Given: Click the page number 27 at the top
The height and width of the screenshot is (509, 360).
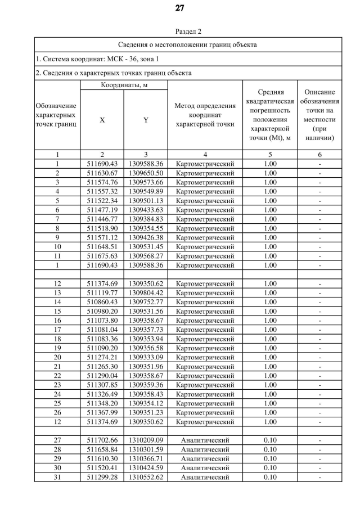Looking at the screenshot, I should click(180, 8).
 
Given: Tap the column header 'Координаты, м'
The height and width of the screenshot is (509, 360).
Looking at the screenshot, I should click(124, 85).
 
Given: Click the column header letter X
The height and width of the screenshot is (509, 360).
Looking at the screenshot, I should click(102, 120).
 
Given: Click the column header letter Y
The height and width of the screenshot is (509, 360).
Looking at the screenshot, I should click(146, 120).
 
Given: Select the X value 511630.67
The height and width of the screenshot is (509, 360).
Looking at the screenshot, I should click(102, 173).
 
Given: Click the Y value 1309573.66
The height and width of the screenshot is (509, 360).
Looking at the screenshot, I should click(146, 182).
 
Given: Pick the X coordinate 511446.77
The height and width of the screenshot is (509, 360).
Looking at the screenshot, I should click(102, 219).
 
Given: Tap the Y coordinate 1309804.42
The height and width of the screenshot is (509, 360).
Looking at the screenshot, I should click(146, 292).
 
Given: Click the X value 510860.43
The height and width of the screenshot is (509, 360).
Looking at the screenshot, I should click(102, 302).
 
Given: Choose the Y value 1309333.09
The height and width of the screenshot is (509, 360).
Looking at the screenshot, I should click(146, 357).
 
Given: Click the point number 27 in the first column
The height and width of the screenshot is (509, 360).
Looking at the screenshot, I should click(57, 440).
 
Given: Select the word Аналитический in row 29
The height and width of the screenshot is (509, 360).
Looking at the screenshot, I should click(205, 458).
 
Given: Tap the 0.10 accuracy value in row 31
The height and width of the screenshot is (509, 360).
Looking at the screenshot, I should click(270, 477).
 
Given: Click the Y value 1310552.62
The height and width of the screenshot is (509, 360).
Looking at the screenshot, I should click(146, 477).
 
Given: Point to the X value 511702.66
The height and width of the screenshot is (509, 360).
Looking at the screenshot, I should click(102, 440).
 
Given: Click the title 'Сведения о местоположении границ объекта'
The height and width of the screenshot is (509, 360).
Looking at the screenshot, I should click(188, 44).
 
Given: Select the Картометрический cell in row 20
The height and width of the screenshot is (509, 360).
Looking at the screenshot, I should click(205, 357).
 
